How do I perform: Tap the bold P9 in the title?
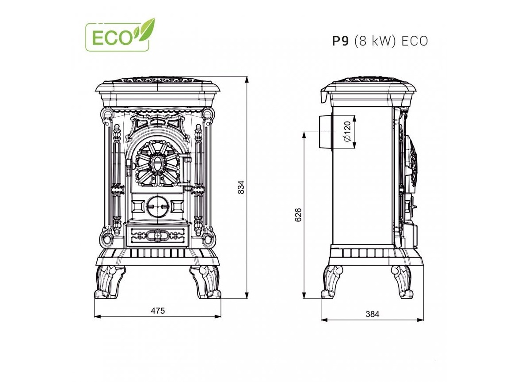tap(341, 41)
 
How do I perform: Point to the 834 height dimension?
tap(241, 187)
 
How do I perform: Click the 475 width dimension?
tap(157, 311)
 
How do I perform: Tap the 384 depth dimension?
tap(372, 314)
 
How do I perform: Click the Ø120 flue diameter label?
tap(347, 131)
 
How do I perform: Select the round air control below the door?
tap(157, 205)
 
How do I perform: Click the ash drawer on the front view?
tap(158, 235)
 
